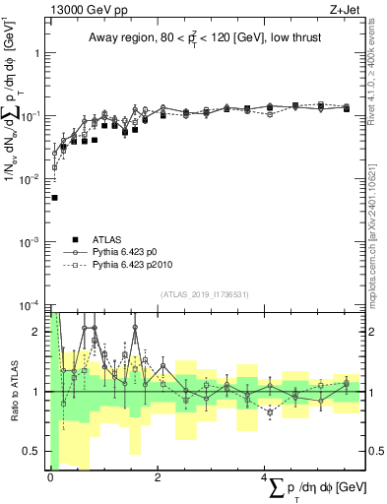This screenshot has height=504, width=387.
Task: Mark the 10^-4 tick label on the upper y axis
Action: point(32,305)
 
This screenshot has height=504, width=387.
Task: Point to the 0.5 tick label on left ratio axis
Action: point(33,452)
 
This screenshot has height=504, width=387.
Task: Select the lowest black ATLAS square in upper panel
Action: point(54,198)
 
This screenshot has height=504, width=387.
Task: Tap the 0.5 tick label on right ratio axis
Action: point(373,452)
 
